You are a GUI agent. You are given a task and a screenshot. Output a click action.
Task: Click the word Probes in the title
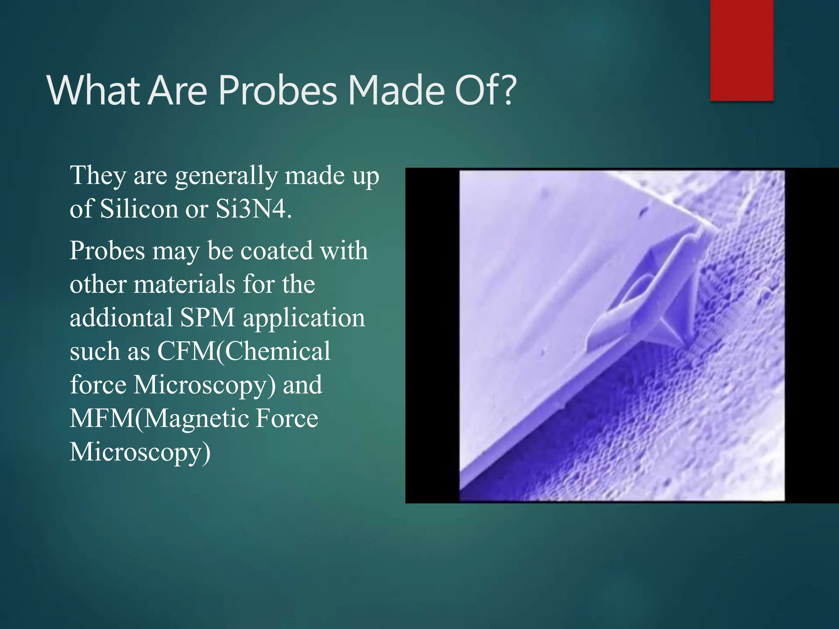(x=278, y=91)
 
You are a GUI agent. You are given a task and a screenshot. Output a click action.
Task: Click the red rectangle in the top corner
(x=741, y=50)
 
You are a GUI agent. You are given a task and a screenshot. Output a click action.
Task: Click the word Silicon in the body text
(x=139, y=209)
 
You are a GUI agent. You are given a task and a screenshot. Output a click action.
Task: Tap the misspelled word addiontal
(x=121, y=318)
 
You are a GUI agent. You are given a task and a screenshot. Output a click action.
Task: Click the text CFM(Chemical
(x=243, y=352)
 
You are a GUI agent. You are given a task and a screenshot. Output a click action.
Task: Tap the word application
(x=304, y=318)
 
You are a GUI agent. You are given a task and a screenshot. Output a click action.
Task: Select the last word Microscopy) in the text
(x=140, y=453)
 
